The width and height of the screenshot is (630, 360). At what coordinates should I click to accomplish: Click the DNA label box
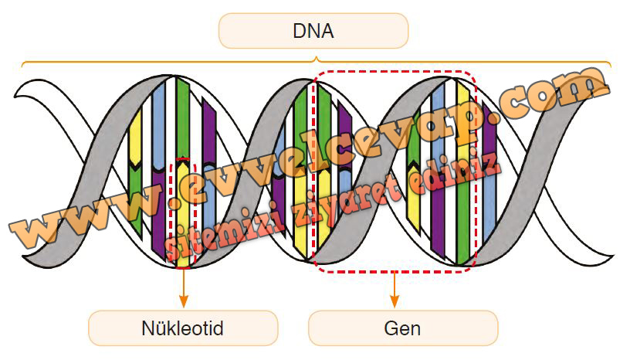313,32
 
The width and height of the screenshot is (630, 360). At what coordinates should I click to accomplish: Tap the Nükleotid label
183,328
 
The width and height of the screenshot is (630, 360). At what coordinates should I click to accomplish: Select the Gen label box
402,328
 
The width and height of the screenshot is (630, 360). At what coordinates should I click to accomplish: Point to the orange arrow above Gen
395,290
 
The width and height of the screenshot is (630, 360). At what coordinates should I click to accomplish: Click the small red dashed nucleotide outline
183,212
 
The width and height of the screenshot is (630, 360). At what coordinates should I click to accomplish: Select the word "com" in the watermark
552,93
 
